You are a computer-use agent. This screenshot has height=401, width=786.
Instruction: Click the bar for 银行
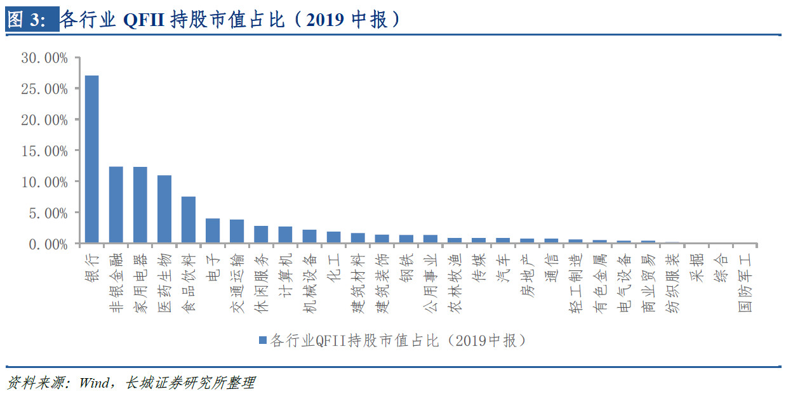point(91,159)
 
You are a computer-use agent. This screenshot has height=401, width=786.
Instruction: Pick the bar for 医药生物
point(164,209)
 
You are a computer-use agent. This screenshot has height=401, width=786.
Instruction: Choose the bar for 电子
point(212,231)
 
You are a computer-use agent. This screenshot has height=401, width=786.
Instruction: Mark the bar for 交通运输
point(236,232)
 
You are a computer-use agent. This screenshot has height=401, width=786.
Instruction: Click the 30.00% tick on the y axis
point(44,58)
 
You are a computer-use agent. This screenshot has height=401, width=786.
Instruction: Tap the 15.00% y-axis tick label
point(44,151)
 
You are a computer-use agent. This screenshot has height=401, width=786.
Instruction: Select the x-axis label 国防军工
point(744,283)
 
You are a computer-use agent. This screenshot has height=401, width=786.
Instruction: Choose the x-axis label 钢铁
point(406,268)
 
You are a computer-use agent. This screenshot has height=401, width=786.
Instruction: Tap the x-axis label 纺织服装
point(672,283)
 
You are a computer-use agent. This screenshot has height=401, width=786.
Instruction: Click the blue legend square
point(262,340)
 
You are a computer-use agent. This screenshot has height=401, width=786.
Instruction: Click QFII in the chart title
point(144,20)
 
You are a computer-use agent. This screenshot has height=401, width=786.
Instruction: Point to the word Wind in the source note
point(95,383)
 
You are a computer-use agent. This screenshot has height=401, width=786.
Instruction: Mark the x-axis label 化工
point(333,268)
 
